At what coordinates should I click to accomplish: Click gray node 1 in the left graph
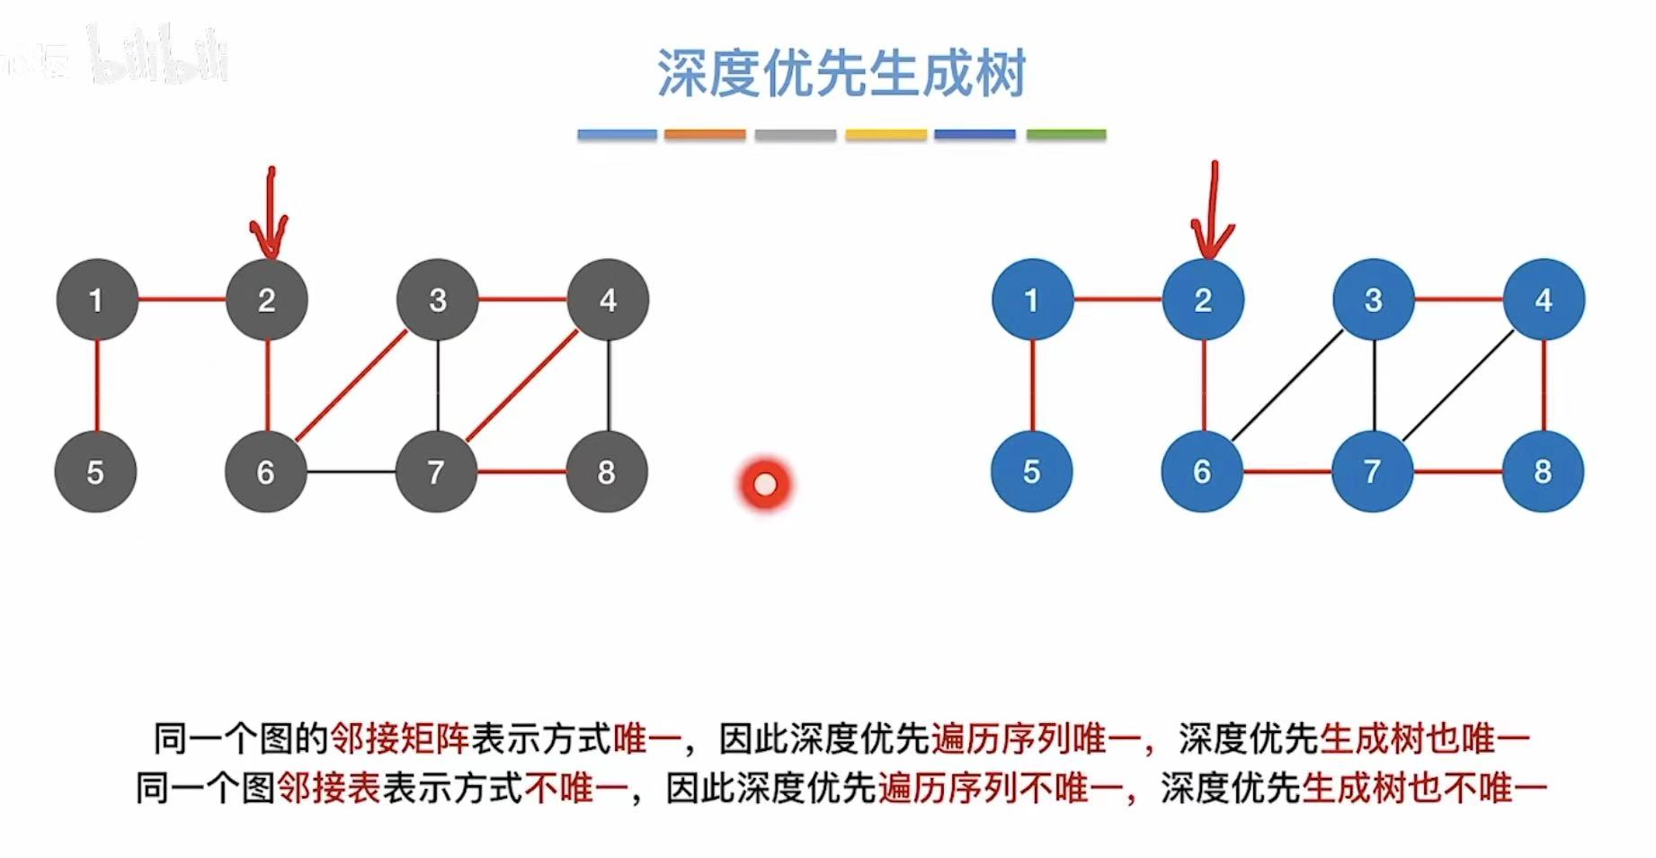97,299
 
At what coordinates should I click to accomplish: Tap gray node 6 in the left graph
266,471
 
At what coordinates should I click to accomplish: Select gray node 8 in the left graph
607,471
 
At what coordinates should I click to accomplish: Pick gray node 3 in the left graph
438,299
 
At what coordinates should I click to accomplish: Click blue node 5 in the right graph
1032,471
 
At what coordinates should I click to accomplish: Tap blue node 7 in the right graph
1373,471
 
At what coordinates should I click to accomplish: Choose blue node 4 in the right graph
1544,299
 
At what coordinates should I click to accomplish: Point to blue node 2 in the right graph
1203,299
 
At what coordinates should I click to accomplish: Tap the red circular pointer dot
765,485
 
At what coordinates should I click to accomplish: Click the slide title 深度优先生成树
841,73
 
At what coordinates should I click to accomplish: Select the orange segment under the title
705,135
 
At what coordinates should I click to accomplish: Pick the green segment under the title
1066,135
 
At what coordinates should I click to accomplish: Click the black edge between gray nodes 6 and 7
352,471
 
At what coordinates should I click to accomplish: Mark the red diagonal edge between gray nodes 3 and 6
352,386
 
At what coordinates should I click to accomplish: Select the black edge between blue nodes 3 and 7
1374,386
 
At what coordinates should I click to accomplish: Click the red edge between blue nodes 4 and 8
1544,386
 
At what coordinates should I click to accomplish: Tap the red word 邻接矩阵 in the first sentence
399,738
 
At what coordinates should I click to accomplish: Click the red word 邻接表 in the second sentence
329,788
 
